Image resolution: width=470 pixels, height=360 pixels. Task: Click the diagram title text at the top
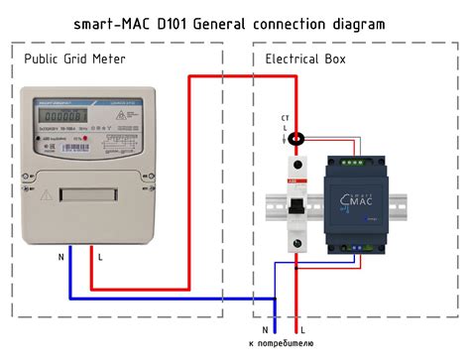click(x=235, y=22)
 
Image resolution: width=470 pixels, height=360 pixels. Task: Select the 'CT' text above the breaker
click(x=287, y=118)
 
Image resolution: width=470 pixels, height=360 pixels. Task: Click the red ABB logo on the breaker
click(x=290, y=184)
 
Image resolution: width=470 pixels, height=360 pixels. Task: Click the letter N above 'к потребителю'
click(x=265, y=328)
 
